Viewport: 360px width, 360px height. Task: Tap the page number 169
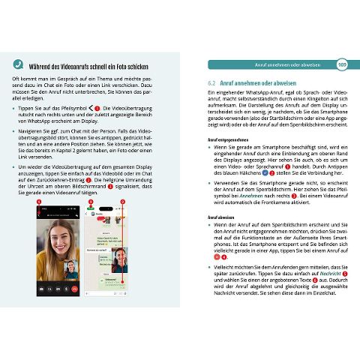(342, 64)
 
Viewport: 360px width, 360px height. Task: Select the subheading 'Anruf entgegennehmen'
(229, 139)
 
